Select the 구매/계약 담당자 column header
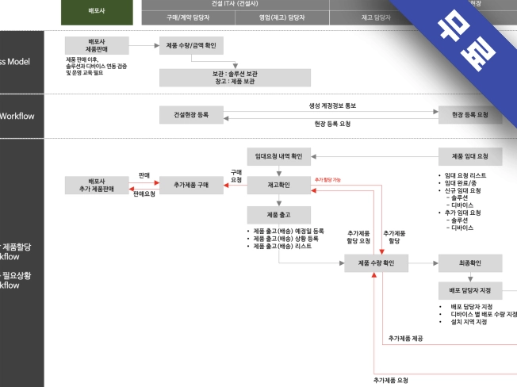pos(190,16)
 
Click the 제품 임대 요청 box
pos(470,156)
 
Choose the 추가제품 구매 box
pos(191,185)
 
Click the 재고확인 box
pos(278,185)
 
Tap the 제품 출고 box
pos(278,215)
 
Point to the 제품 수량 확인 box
pos(377,262)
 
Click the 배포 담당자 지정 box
pos(470,290)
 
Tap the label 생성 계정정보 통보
pos(333,105)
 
